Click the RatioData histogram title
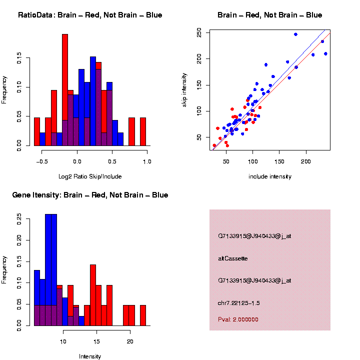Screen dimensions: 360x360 click(90, 15)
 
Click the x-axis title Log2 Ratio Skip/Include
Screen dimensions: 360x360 click(90, 176)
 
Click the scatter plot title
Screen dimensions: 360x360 click(269, 15)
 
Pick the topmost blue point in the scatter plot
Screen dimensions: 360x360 click(295, 34)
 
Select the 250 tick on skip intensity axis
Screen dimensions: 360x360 click(199, 33)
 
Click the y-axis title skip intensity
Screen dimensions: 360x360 click(184, 89)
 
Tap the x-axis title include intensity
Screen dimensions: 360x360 click(270, 176)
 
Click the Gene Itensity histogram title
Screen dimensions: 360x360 click(90, 195)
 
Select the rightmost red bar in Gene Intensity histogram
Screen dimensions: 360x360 click(143, 315)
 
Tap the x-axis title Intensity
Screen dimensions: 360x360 click(90, 356)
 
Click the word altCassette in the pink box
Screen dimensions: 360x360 click(233, 258)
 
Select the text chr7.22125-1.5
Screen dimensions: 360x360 click(239, 303)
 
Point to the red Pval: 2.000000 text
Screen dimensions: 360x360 click(238, 319)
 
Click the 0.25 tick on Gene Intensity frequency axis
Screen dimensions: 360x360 click(19, 218)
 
